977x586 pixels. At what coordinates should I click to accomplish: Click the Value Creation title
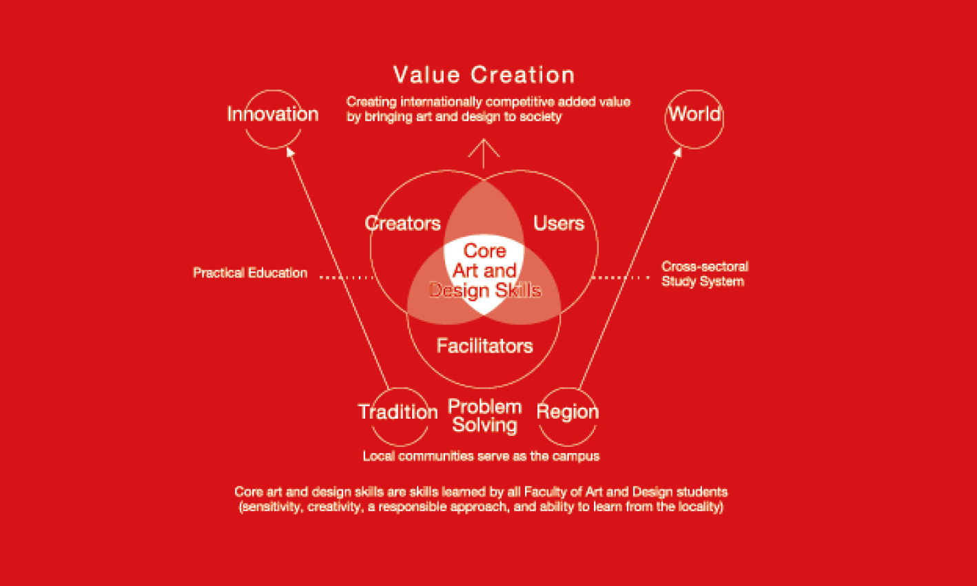pos(484,74)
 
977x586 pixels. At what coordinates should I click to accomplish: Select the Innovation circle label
pos(273,114)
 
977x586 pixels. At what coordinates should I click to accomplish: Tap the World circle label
pos(695,114)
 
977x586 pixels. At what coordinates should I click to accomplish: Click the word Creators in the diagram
pos(402,223)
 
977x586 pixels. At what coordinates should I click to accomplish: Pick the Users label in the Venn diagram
pos(559,223)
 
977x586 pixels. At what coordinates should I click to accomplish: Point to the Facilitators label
pos(484,346)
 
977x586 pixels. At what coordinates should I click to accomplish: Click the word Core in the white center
pos(484,251)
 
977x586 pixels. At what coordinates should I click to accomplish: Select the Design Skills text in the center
pos(485,291)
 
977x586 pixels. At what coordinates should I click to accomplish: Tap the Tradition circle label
pos(398,412)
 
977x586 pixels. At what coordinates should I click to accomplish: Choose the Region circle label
pos(568,412)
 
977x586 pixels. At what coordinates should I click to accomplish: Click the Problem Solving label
pos(484,416)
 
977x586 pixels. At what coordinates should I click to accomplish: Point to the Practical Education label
pos(250,273)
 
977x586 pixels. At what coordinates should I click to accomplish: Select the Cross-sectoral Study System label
pos(705,274)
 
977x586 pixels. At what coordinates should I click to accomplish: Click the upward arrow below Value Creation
pos(484,154)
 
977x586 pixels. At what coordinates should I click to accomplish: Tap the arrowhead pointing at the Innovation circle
pos(290,151)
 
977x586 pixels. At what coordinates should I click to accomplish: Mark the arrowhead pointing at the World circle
pos(677,151)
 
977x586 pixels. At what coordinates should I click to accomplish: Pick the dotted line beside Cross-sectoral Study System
pos(621,278)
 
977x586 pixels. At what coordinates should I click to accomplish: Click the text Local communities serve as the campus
pos(481,456)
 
